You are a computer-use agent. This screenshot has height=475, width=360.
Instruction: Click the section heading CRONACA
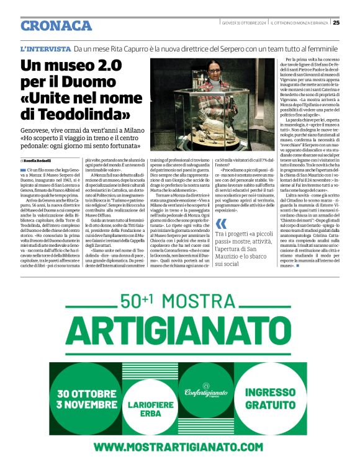point(56,25)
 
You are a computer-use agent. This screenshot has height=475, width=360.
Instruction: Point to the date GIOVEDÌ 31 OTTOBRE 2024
point(244,23)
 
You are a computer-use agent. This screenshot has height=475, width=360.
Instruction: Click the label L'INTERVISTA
point(45,48)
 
